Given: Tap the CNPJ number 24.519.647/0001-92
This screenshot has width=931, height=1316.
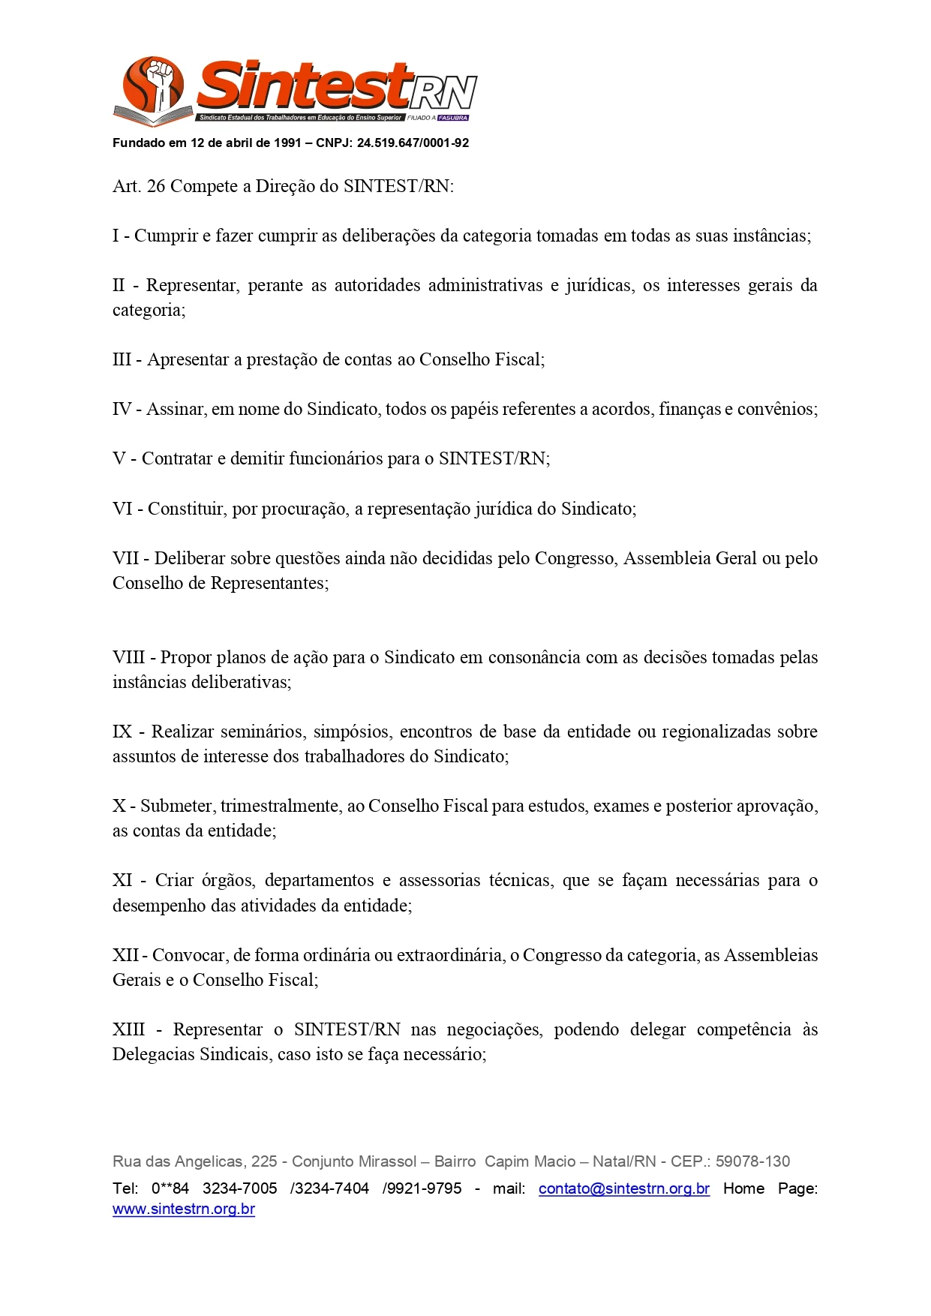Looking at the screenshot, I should point(413,143).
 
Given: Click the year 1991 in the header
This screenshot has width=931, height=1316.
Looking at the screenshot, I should point(287,143).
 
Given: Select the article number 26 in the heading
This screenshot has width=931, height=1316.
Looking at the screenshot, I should point(156,186).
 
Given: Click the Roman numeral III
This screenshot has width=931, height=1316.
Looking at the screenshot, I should point(122,359).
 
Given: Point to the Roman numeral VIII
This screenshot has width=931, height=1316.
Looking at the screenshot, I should point(128,657).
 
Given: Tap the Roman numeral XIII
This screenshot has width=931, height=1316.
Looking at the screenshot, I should point(128,1029).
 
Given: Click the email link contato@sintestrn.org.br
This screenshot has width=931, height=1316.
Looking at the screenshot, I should point(623,1188).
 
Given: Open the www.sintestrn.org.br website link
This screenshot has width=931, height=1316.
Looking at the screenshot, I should point(184,1209).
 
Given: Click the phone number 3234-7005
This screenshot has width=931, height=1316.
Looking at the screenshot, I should point(239,1188).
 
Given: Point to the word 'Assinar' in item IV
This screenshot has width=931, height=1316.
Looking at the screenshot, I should point(176,409).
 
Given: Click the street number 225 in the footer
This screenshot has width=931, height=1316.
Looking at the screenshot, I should point(264,1161).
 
